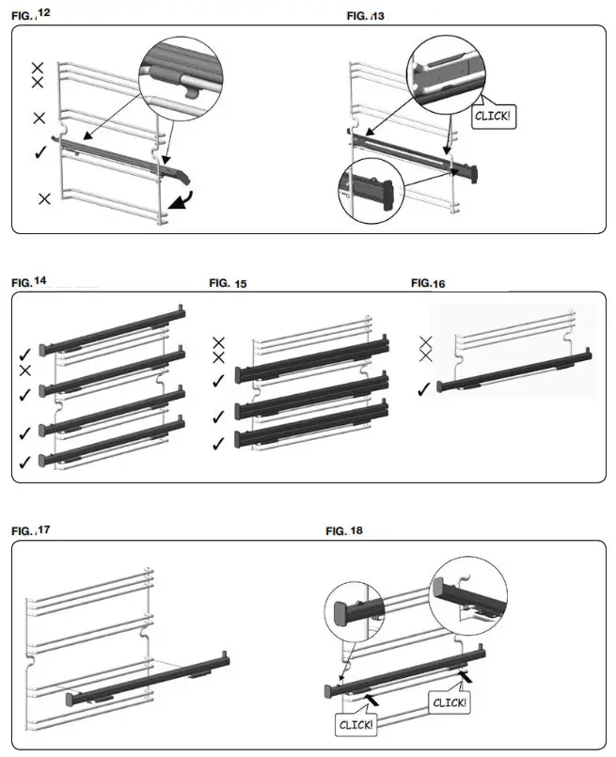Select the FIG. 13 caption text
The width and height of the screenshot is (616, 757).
click(x=366, y=16)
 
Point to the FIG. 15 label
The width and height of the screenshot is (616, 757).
click(x=227, y=282)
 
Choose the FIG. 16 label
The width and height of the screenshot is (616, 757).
click(x=429, y=282)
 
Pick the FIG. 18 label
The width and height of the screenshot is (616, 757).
click(x=344, y=531)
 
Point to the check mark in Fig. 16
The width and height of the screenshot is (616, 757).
click(x=426, y=386)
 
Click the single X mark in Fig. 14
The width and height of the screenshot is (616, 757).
click(x=25, y=370)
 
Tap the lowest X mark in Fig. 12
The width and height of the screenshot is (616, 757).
click(x=44, y=198)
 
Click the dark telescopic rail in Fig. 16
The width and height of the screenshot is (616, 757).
click(x=513, y=371)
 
